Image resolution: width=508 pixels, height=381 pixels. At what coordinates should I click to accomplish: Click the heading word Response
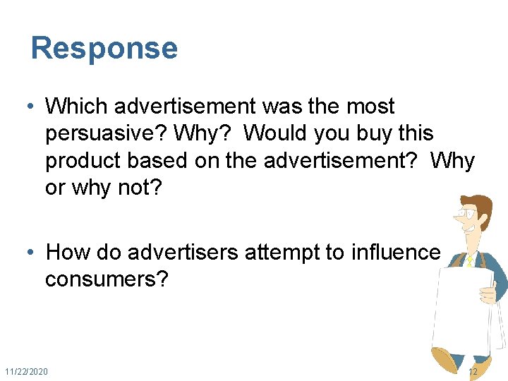click(x=104, y=49)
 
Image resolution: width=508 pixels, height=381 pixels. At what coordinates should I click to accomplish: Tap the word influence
click(x=395, y=253)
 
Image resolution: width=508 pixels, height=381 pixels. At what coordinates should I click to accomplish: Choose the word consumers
click(x=107, y=279)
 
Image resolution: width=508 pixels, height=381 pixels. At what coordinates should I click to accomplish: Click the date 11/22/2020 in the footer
click(x=27, y=371)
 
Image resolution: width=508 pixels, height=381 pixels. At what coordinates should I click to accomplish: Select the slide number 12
click(x=472, y=371)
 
